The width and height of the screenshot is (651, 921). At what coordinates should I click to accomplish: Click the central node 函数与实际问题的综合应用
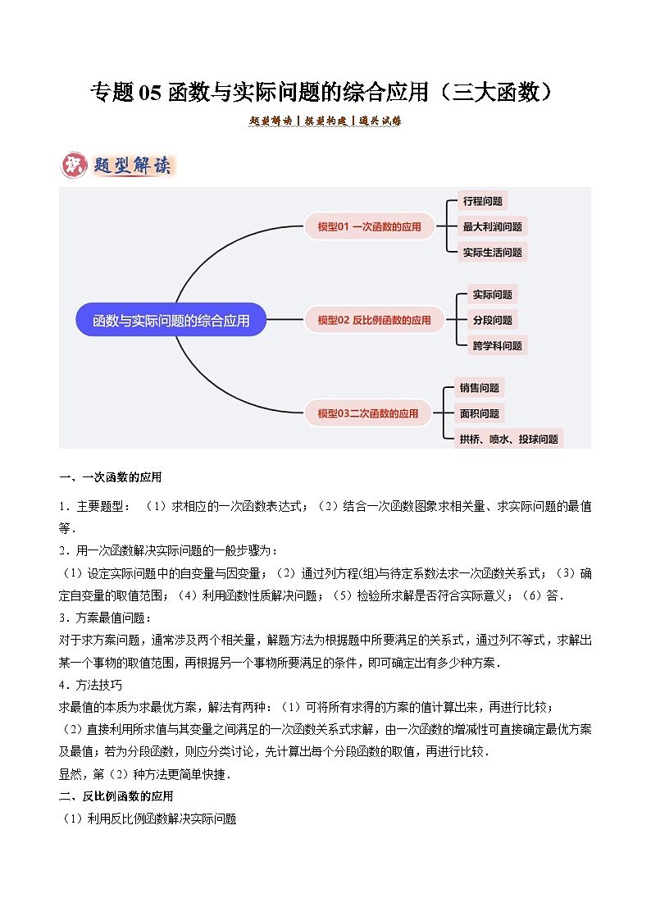(x=171, y=320)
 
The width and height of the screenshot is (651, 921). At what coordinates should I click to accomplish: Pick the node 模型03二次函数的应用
(x=368, y=413)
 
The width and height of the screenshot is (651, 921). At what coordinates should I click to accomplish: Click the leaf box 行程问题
(x=482, y=201)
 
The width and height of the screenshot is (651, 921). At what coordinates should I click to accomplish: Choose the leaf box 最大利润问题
(x=492, y=226)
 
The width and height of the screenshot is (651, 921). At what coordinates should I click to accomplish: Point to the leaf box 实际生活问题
(x=492, y=252)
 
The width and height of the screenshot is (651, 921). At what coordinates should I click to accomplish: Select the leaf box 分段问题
(x=492, y=320)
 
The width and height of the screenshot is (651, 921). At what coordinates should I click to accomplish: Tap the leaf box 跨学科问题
(x=497, y=345)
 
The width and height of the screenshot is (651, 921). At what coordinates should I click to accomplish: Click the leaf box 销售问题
(x=480, y=388)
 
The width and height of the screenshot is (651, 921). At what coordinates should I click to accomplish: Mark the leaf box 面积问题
(x=480, y=413)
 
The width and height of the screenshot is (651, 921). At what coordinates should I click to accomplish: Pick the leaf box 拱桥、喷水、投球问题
(x=509, y=439)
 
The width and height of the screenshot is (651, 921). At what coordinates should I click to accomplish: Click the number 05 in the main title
(x=151, y=93)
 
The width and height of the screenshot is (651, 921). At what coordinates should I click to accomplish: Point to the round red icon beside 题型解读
(x=74, y=165)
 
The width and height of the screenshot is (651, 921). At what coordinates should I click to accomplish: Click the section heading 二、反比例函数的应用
(x=116, y=796)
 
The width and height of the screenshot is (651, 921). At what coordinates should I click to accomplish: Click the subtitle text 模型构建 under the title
(x=325, y=121)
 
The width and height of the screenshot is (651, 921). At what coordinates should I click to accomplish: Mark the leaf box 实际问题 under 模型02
(x=492, y=294)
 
